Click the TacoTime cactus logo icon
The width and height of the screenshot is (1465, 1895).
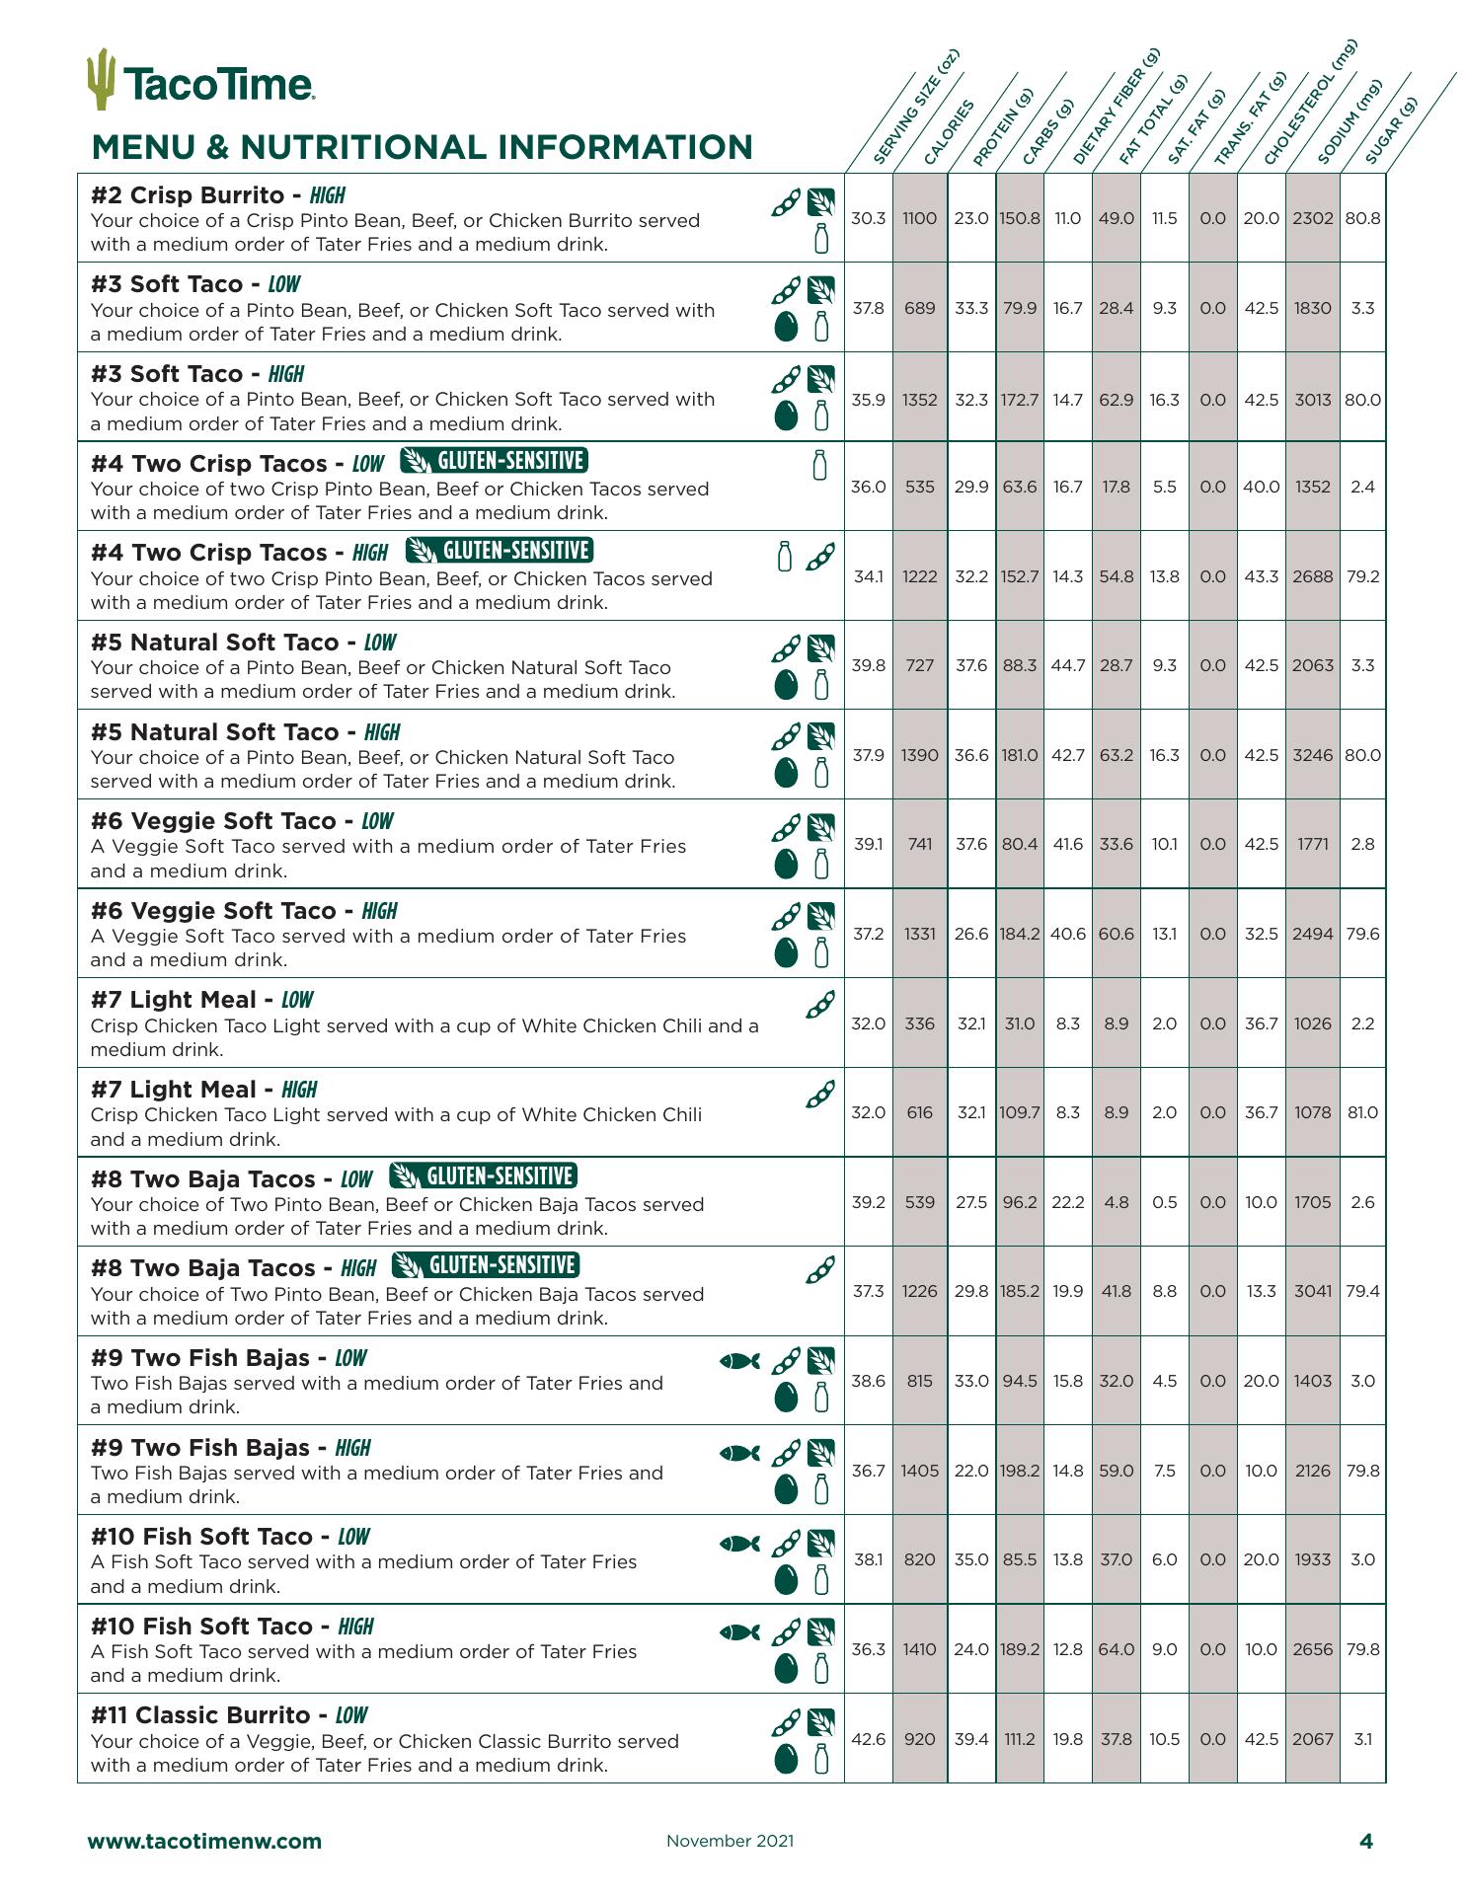point(101,78)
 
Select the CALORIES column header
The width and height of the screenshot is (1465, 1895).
point(949,132)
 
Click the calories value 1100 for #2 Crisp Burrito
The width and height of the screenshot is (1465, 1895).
point(919,218)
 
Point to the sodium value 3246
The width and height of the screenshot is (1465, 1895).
point(1312,755)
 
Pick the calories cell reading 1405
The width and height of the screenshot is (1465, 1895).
point(919,1471)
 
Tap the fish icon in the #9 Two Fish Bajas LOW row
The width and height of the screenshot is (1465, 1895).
point(740,1361)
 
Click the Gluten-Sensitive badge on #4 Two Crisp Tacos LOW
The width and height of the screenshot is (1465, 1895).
point(495,461)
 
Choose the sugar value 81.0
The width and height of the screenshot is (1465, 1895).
point(1362,1112)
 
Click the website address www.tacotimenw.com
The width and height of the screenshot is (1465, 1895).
point(204,1841)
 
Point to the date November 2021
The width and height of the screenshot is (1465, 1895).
point(730,1841)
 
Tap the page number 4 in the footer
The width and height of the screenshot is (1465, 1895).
point(1366,1841)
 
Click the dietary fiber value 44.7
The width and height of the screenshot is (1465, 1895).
point(1067,665)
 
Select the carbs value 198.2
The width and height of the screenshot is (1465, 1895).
point(1019,1471)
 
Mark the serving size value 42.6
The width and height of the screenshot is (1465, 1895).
point(869,1739)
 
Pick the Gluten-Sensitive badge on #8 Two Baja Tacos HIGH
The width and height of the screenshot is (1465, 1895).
point(486,1265)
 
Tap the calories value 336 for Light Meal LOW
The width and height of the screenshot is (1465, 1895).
point(919,1023)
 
